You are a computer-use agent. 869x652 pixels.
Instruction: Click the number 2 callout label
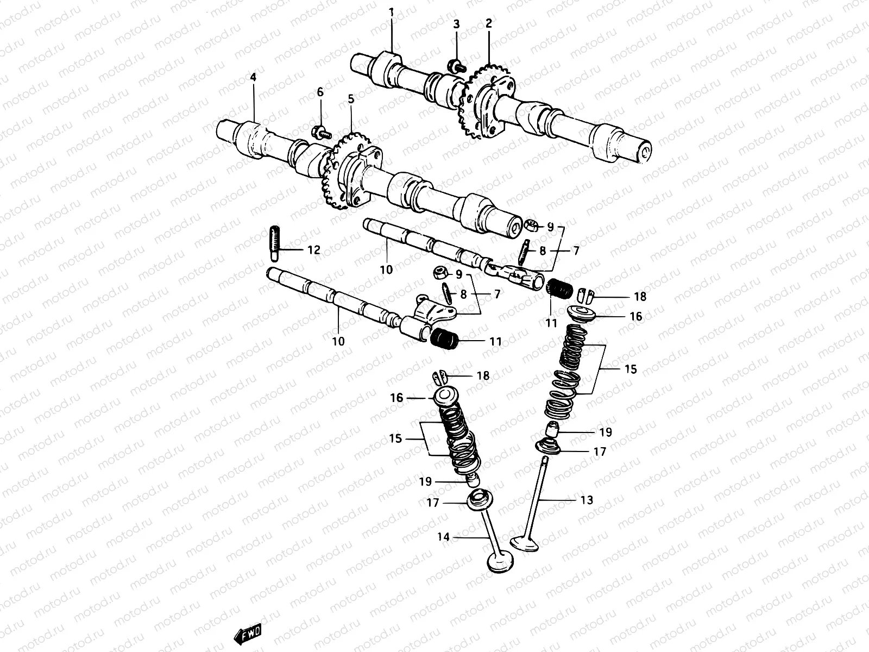coord(488,23)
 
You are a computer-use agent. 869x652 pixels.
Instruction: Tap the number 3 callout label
coord(456,24)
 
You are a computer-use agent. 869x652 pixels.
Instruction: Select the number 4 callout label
coord(253,78)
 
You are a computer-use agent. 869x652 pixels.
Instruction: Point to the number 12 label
coord(314,250)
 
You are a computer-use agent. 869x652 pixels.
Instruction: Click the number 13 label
coord(587,500)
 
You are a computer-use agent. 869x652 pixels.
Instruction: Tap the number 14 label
coord(444,537)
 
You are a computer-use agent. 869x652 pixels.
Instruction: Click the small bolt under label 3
coord(455,66)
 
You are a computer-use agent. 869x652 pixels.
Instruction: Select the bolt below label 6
coord(320,131)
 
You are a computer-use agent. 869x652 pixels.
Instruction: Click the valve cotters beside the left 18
coord(440,376)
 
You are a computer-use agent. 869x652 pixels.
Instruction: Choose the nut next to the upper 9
coord(533,225)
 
